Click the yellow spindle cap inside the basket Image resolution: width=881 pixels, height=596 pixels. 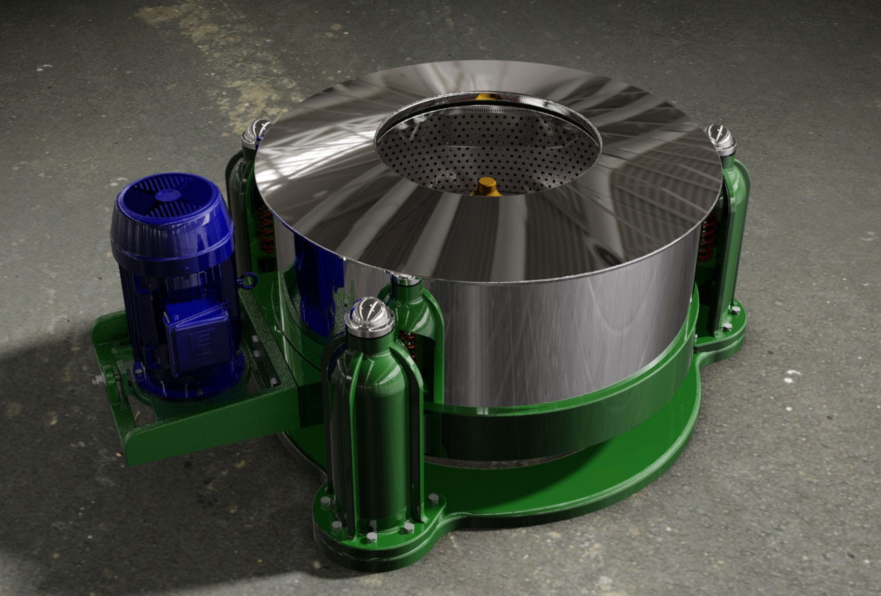tap(487, 185)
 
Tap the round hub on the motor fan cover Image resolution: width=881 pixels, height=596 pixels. tap(165, 195)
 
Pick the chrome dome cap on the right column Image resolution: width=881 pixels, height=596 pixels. tap(721, 138)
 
